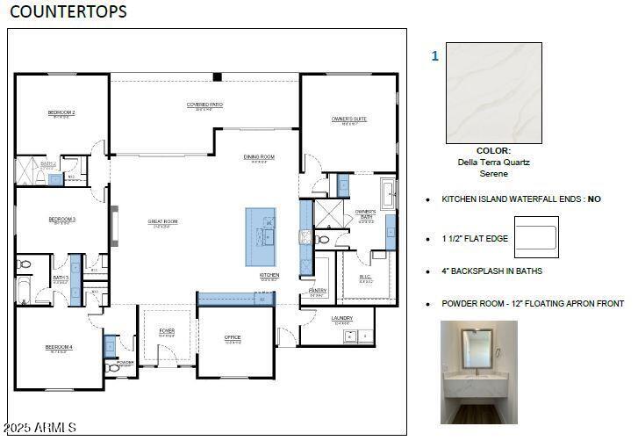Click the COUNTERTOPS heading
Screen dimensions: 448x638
(68, 11)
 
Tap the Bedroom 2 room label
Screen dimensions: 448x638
(61, 112)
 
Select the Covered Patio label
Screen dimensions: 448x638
(204, 105)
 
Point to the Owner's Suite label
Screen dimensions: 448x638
(348, 119)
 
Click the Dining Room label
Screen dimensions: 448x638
(259, 157)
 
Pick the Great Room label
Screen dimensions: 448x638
(162, 221)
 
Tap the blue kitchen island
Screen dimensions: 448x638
(260, 237)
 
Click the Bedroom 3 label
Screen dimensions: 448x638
(61, 219)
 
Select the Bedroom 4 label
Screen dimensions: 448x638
(59, 347)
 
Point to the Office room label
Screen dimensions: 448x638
(233, 337)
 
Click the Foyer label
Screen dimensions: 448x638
(167, 331)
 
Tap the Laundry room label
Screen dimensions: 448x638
(342, 318)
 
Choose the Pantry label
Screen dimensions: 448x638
(318, 290)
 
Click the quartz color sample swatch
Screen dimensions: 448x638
(493, 93)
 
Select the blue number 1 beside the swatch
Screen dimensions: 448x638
(434, 56)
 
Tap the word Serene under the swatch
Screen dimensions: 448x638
(493, 174)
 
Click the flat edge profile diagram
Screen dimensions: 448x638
(535, 239)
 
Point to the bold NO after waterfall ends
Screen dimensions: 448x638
(594, 199)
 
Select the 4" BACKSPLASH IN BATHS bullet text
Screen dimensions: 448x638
(491, 271)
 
